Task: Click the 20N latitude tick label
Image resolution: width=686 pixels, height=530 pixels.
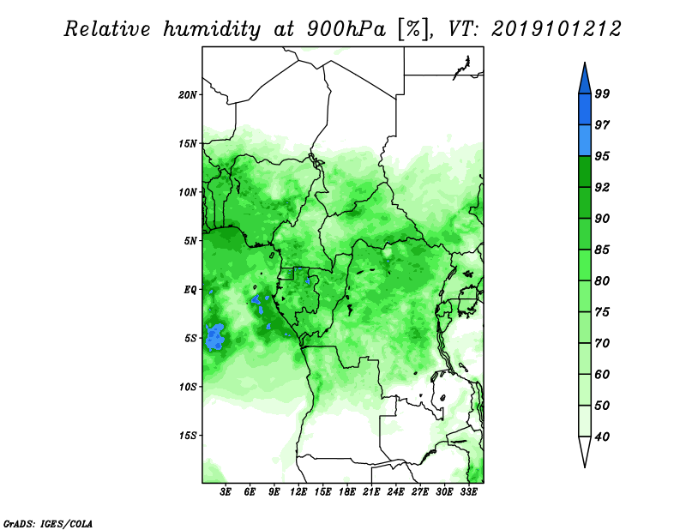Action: [x=188, y=95]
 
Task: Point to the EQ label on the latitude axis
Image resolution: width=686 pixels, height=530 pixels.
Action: [x=190, y=290]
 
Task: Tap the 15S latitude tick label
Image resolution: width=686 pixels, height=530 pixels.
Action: [x=188, y=436]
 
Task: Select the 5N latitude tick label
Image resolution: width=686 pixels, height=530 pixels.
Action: [x=190, y=241]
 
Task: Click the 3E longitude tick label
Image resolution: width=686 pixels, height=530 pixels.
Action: [x=226, y=492]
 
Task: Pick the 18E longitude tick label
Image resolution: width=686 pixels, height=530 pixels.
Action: [x=347, y=492]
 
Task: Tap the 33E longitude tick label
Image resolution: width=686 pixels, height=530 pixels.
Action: [x=468, y=492]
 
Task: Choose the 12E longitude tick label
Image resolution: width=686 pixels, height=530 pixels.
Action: [x=298, y=492]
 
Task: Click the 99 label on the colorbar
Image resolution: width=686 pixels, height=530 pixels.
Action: [x=602, y=93]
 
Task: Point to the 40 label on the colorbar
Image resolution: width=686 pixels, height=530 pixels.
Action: [x=602, y=437]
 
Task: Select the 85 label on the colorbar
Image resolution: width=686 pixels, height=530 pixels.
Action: [x=602, y=250]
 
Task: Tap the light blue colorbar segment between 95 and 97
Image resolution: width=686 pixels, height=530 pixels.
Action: [x=585, y=141]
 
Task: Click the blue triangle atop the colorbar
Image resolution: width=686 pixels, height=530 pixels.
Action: [x=585, y=81]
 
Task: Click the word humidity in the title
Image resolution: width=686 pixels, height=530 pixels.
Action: [x=212, y=30]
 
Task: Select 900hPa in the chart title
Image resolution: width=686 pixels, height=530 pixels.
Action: [x=346, y=29]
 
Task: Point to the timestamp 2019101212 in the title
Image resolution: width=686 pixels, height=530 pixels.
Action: [x=556, y=29]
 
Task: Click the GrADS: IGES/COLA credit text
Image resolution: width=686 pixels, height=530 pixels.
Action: [x=48, y=524]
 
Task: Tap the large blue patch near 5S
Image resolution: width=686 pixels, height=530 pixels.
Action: [x=215, y=337]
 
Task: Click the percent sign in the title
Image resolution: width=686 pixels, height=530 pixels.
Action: [x=413, y=30]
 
